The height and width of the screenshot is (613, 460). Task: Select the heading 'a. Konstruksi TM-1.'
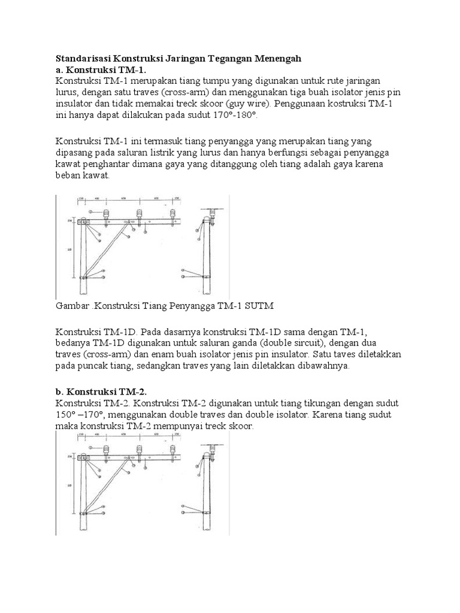pos(101,69)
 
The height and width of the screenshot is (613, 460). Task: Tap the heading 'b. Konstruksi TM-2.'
pos(101,392)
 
